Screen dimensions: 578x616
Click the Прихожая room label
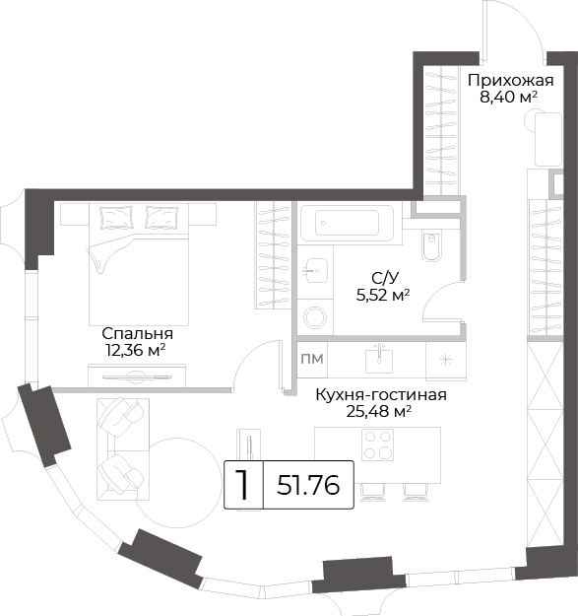coord(510,82)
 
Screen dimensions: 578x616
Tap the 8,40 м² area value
coord(508,98)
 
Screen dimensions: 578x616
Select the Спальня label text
coord(137,334)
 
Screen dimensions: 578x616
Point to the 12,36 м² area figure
coord(135,350)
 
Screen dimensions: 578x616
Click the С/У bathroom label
coord(385,278)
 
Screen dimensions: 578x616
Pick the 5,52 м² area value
coord(383,295)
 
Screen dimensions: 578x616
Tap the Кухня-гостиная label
coord(381,395)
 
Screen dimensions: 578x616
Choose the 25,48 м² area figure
coord(379,411)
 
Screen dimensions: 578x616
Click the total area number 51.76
coord(308,485)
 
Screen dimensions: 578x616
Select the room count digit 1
coord(243,485)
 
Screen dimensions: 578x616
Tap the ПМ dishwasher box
coord(312,359)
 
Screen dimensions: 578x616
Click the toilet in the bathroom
coord(431,245)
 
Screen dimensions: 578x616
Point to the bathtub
coord(347,223)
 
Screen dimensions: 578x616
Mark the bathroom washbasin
coord(315,270)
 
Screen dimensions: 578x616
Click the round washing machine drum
coord(315,317)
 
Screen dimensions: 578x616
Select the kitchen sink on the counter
coord(379,361)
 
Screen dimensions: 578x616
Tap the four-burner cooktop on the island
coord(377,445)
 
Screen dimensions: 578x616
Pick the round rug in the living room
coord(178,484)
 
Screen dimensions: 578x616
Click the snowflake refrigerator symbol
coord(446,360)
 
